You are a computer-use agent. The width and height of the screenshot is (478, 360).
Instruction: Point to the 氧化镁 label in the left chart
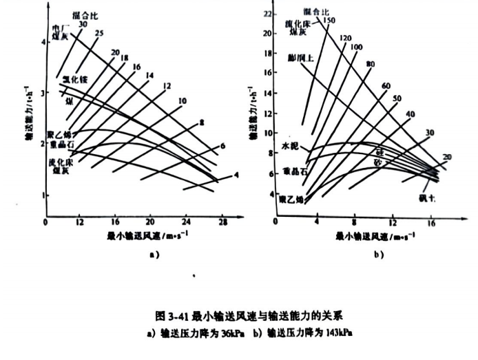pyautogui.click(x=74, y=81)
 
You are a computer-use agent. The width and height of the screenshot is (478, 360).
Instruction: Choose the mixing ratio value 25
pyautogui.click(x=100, y=33)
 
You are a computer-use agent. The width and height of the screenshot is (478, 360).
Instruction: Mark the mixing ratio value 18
pyautogui.click(x=124, y=59)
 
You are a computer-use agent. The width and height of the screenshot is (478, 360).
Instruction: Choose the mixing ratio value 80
pyautogui.click(x=370, y=64)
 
